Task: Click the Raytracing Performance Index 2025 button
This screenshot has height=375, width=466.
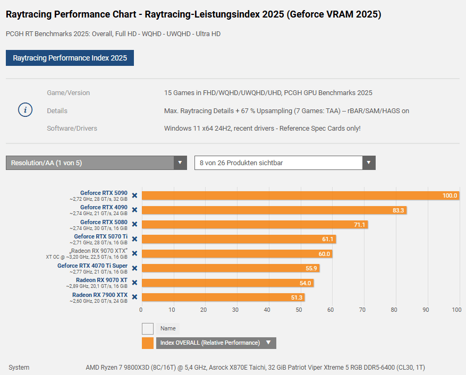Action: point(70,58)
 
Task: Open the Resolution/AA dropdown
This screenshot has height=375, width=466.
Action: point(96,163)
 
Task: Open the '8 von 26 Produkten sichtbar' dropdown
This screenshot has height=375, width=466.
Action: point(285,163)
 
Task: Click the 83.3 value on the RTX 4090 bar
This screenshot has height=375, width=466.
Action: point(398,210)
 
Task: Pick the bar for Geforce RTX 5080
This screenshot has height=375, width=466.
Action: point(255,225)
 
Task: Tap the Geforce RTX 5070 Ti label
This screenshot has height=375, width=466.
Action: point(100,236)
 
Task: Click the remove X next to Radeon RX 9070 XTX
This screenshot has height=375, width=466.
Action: point(134,253)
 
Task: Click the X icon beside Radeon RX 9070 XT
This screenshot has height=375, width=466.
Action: point(134,283)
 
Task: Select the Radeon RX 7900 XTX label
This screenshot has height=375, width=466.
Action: point(100,295)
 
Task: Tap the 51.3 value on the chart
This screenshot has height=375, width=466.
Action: point(296,297)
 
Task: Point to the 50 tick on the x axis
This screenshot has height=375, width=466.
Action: point(299,309)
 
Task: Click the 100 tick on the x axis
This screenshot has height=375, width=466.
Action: point(456,309)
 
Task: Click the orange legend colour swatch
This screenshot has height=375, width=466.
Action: point(148,343)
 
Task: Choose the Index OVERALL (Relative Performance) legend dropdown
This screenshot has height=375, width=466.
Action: point(216,343)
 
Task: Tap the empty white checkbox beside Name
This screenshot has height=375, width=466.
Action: point(148,328)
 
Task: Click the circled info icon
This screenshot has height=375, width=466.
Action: point(26,110)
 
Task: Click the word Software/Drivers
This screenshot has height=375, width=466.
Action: point(72,129)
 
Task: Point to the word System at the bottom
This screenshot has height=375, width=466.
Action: point(19,368)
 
